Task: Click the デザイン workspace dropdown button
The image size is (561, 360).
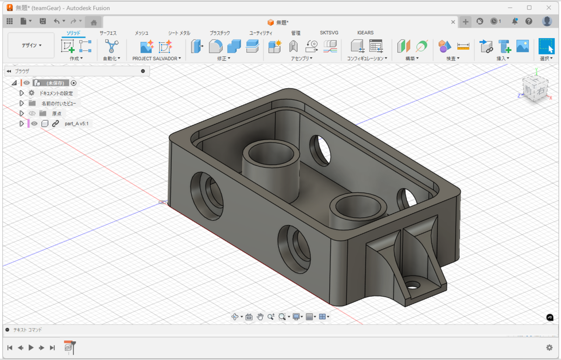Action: pos(32,45)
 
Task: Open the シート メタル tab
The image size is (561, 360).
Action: pos(179,33)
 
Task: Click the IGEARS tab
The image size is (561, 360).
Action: pos(365,33)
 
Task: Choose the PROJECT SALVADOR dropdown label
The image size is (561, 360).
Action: pos(156,58)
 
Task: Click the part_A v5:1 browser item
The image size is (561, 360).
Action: pos(76,124)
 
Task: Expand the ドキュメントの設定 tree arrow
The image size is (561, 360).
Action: pos(21,93)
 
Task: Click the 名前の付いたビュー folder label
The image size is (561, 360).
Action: pos(59,103)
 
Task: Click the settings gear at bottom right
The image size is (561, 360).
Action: pos(549,347)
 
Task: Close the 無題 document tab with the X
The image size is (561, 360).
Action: pos(453,22)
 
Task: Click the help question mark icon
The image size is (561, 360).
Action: pos(529,21)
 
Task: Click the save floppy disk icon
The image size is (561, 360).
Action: pos(43,21)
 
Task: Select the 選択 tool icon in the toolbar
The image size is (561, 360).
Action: pos(546,46)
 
